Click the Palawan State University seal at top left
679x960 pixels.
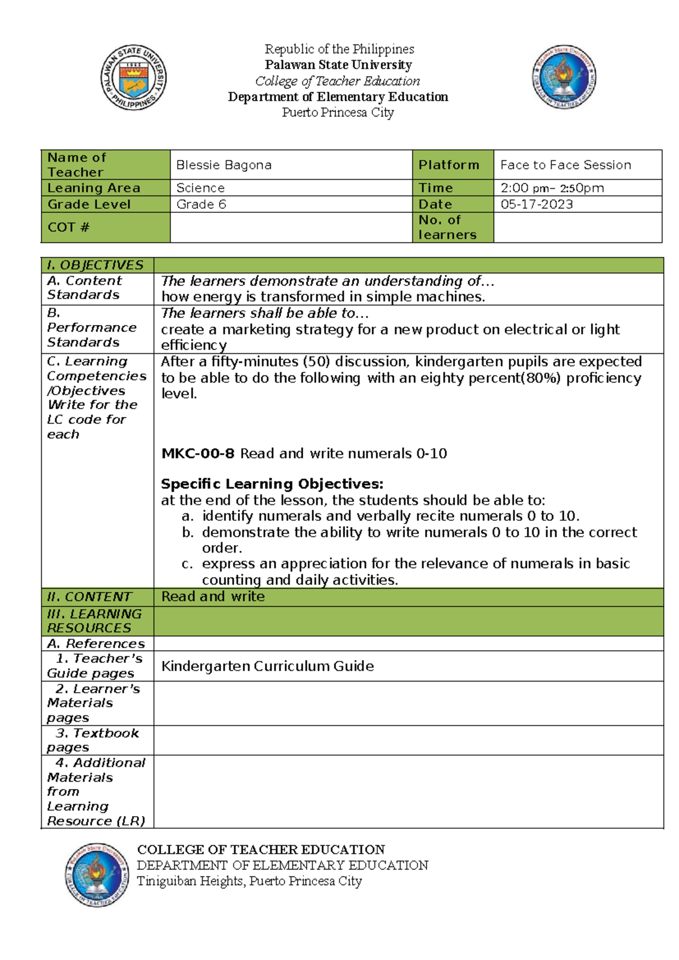point(134,77)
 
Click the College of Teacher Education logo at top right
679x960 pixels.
point(564,77)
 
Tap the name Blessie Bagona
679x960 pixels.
point(224,165)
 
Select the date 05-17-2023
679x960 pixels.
point(536,204)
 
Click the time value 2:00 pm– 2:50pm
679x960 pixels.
point(552,188)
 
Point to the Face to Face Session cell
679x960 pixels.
point(565,165)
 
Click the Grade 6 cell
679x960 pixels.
point(201,204)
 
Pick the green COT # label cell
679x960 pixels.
point(105,228)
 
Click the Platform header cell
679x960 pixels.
point(449,165)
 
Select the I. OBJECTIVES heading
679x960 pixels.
point(95,265)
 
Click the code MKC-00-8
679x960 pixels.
point(197,453)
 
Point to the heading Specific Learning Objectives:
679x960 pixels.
point(272,484)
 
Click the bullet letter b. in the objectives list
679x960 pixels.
point(188,533)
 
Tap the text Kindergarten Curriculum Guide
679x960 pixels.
point(267,666)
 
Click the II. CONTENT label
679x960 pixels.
point(89,597)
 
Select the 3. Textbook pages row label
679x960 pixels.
point(93,740)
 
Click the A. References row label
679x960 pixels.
point(96,644)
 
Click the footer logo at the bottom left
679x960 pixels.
point(96,875)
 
